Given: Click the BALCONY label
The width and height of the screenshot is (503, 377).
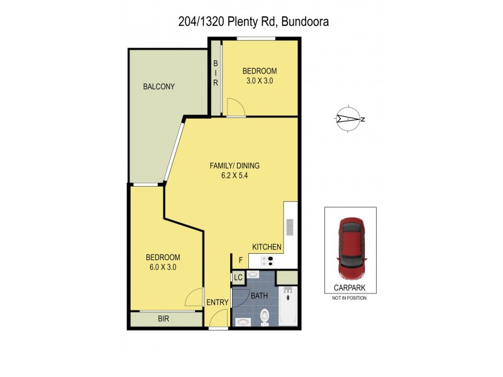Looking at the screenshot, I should coord(158,87).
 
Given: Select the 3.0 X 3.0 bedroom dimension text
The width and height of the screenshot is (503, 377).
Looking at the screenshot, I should coord(260,80).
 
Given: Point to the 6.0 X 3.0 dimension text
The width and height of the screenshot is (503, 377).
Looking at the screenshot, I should coord(163,267).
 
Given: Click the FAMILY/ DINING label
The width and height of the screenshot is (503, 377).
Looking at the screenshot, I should coord(235,166).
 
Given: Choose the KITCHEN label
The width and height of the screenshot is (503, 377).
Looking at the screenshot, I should coord(267,247).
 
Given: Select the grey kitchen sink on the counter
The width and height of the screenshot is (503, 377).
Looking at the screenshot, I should coord(290,226).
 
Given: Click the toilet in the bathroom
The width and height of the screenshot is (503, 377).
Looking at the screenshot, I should coord(265,317).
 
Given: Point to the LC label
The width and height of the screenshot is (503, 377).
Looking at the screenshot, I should coord(238,277).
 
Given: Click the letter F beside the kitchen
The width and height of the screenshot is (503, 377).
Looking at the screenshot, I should coord(240,260).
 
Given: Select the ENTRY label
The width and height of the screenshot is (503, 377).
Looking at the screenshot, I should coord(218,302).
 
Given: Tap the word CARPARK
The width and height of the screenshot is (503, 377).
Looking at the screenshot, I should coord(350,288).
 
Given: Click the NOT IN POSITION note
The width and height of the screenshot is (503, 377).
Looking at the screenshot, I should coord(350,298).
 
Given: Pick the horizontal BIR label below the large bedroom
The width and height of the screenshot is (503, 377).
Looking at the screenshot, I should coord(163,319).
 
